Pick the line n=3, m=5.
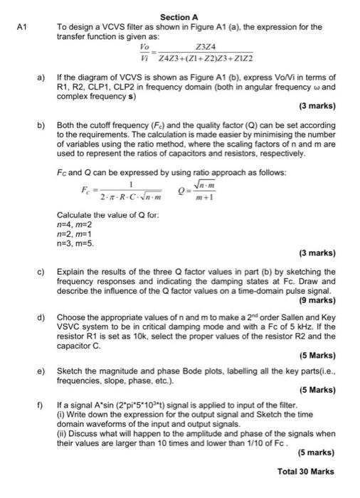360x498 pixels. point(74,243)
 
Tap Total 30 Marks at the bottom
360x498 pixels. point(305,471)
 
